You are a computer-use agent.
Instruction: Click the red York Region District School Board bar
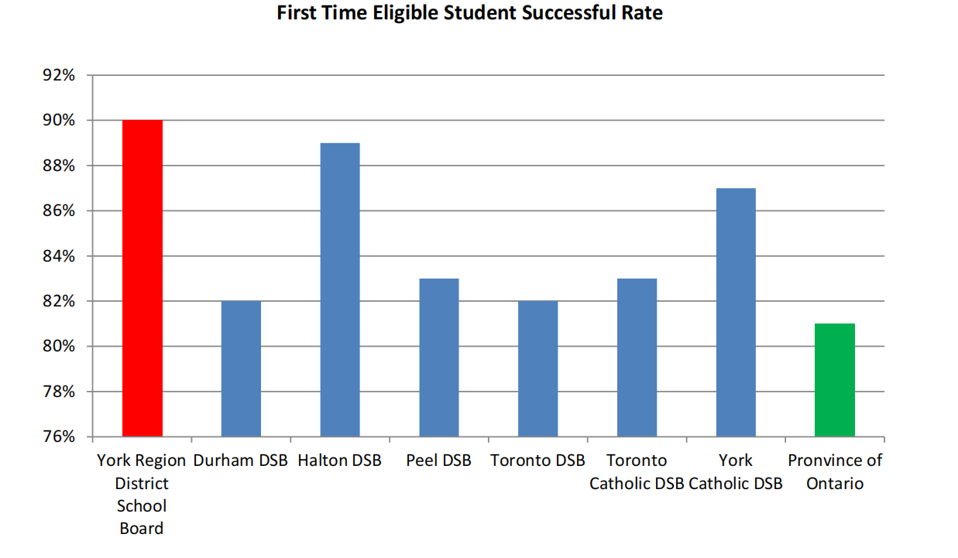click(x=142, y=278)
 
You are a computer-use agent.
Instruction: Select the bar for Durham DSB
click(x=241, y=368)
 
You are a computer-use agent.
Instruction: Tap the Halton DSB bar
click(x=340, y=289)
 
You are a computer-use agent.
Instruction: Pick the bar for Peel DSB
click(x=439, y=357)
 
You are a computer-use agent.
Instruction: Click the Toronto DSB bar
click(x=537, y=368)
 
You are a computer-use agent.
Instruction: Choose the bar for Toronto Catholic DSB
click(x=637, y=357)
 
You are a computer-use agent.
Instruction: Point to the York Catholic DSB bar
click(x=736, y=312)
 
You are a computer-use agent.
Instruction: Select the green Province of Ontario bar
click(x=835, y=380)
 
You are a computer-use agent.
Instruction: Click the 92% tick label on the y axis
click(x=59, y=76)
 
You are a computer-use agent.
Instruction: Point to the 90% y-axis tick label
click(x=59, y=121)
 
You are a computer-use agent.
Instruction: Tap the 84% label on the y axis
click(x=59, y=256)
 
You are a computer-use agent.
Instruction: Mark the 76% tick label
click(x=59, y=436)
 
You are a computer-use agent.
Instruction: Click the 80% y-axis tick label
click(x=59, y=347)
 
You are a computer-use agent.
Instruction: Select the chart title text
click(x=470, y=13)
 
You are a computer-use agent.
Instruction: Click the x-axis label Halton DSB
click(x=340, y=460)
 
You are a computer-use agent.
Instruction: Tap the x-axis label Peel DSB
click(x=438, y=460)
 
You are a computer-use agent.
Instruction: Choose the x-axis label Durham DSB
click(x=240, y=460)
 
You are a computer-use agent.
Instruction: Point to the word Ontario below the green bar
click(x=834, y=484)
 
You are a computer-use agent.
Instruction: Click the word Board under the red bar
click(x=142, y=529)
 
